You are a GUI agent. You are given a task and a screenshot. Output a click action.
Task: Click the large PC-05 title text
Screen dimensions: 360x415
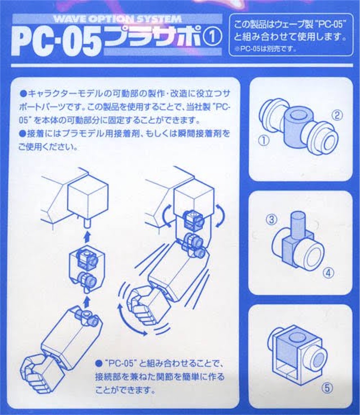[56, 41]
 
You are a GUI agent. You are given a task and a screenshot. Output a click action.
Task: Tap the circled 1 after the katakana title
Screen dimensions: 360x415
[212, 38]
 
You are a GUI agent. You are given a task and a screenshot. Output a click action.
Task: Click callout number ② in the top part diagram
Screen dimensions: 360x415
[337, 115]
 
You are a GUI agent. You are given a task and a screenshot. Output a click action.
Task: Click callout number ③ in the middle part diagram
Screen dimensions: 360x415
[271, 219]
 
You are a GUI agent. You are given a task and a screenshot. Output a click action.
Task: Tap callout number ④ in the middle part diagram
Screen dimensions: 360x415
[328, 273]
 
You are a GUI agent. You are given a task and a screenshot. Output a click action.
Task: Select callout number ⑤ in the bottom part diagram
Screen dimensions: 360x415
[327, 388]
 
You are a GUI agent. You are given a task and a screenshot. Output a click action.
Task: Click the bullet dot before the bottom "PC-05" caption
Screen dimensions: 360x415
[99, 363]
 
